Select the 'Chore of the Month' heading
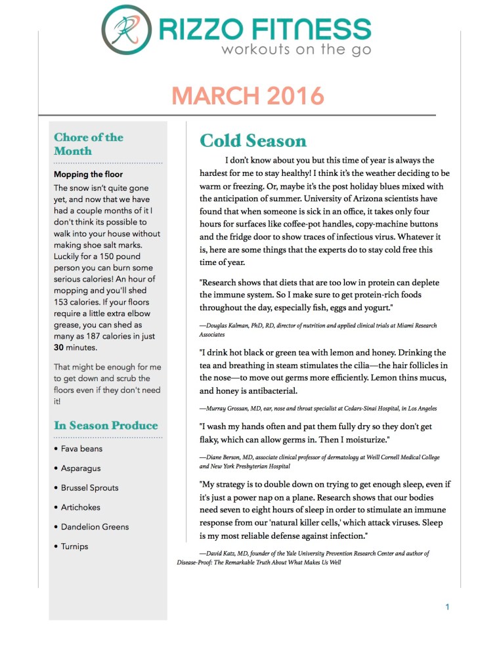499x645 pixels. coord(88,144)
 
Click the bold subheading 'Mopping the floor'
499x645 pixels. coord(88,175)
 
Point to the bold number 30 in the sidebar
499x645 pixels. coord(58,348)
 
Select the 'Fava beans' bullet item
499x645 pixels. coord(81,449)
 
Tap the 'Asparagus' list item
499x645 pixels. coord(81,468)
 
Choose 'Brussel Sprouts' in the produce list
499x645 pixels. coord(91,488)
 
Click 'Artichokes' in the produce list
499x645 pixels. coord(81,507)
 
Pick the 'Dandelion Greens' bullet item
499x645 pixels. coord(95,527)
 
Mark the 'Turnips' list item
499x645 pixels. coord(74,547)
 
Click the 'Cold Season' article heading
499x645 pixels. coord(253,141)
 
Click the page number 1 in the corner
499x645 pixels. coord(447,607)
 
